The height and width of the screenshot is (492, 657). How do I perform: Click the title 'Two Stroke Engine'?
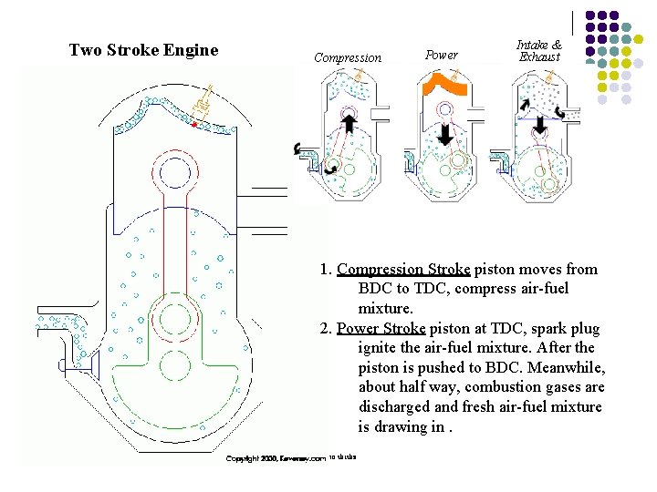pyautogui.click(x=143, y=50)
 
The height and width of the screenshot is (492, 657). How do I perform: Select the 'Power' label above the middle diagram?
pyautogui.click(x=442, y=55)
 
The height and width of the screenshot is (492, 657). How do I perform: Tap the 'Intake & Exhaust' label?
pyautogui.click(x=539, y=50)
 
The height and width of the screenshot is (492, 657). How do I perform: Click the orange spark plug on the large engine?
pyautogui.click(x=203, y=102)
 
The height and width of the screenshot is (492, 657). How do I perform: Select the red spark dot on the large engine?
pyautogui.click(x=194, y=123)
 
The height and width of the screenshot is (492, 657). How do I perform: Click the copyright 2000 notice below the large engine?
pyautogui.click(x=276, y=458)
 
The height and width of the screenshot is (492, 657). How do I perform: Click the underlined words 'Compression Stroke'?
pyautogui.click(x=403, y=269)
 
